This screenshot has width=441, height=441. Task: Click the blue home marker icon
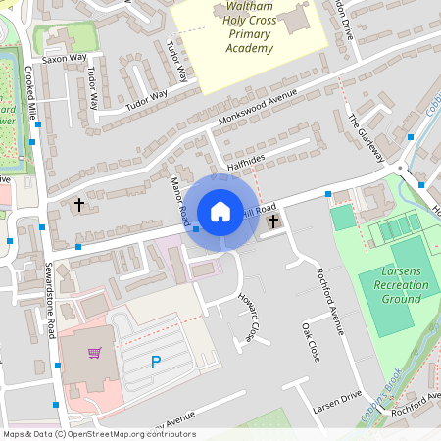coord(220,211)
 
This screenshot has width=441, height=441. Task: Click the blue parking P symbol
coord(155,362)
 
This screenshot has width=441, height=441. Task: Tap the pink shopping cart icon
coord(95,353)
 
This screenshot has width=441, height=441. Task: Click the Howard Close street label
coord(251,318)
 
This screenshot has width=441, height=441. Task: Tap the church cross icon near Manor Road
coord(79,206)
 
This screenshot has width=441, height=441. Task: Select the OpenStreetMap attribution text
coord(99,434)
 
